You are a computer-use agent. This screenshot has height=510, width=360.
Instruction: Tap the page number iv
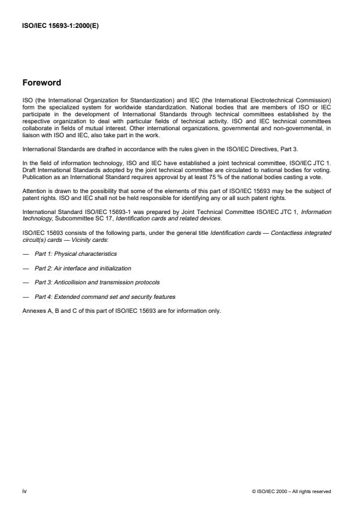coord(24,491)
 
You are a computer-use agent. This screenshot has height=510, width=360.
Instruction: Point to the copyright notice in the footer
coord(291,491)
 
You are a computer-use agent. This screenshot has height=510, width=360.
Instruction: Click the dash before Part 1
coord(25,254)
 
